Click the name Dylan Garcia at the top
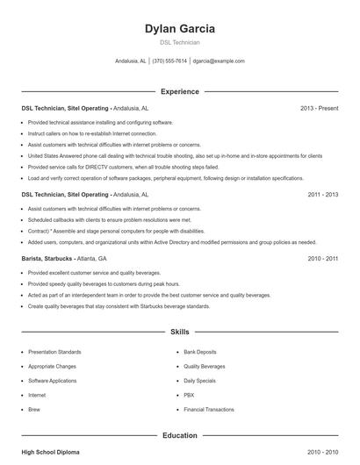(x=179, y=28)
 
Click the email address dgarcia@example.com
(x=219, y=61)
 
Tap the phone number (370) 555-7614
(x=169, y=61)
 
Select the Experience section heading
(x=179, y=91)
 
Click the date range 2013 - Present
(x=319, y=108)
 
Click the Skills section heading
(x=179, y=333)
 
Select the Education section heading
(x=179, y=435)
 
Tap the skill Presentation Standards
(x=54, y=351)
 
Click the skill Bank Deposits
(x=201, y=351)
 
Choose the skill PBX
(x=189, y=395)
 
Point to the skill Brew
(x=34, y=409)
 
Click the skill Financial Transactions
(x=208, y=409)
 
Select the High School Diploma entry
(x=50, y=452)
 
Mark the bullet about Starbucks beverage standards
(x=119, y=306)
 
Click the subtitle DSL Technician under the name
(x=179, y=42)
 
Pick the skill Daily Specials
(x=200, y=380)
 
